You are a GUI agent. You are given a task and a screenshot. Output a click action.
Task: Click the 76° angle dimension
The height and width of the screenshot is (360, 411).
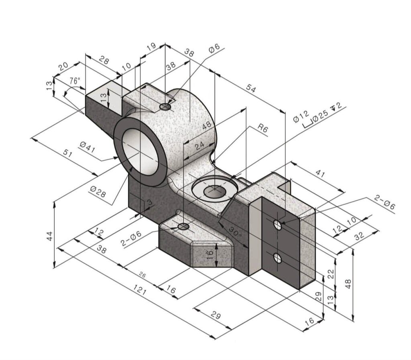pos(75,81)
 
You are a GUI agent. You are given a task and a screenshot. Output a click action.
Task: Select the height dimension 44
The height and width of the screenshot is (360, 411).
pos(49,236)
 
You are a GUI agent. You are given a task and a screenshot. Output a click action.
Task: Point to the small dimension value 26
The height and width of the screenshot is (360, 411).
pos(142,275)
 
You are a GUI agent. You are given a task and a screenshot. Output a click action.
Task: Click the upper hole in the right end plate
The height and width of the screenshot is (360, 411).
pos(277,224)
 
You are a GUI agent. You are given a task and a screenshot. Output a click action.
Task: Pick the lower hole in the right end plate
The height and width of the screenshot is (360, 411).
pos(277,257)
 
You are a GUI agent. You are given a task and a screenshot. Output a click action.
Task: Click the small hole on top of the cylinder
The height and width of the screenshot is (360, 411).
pos(165,107)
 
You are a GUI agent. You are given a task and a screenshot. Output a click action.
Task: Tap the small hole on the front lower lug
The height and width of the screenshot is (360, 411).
pos(183,227)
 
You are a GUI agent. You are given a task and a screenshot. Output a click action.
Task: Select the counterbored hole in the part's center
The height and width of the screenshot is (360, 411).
pos(215,192)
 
